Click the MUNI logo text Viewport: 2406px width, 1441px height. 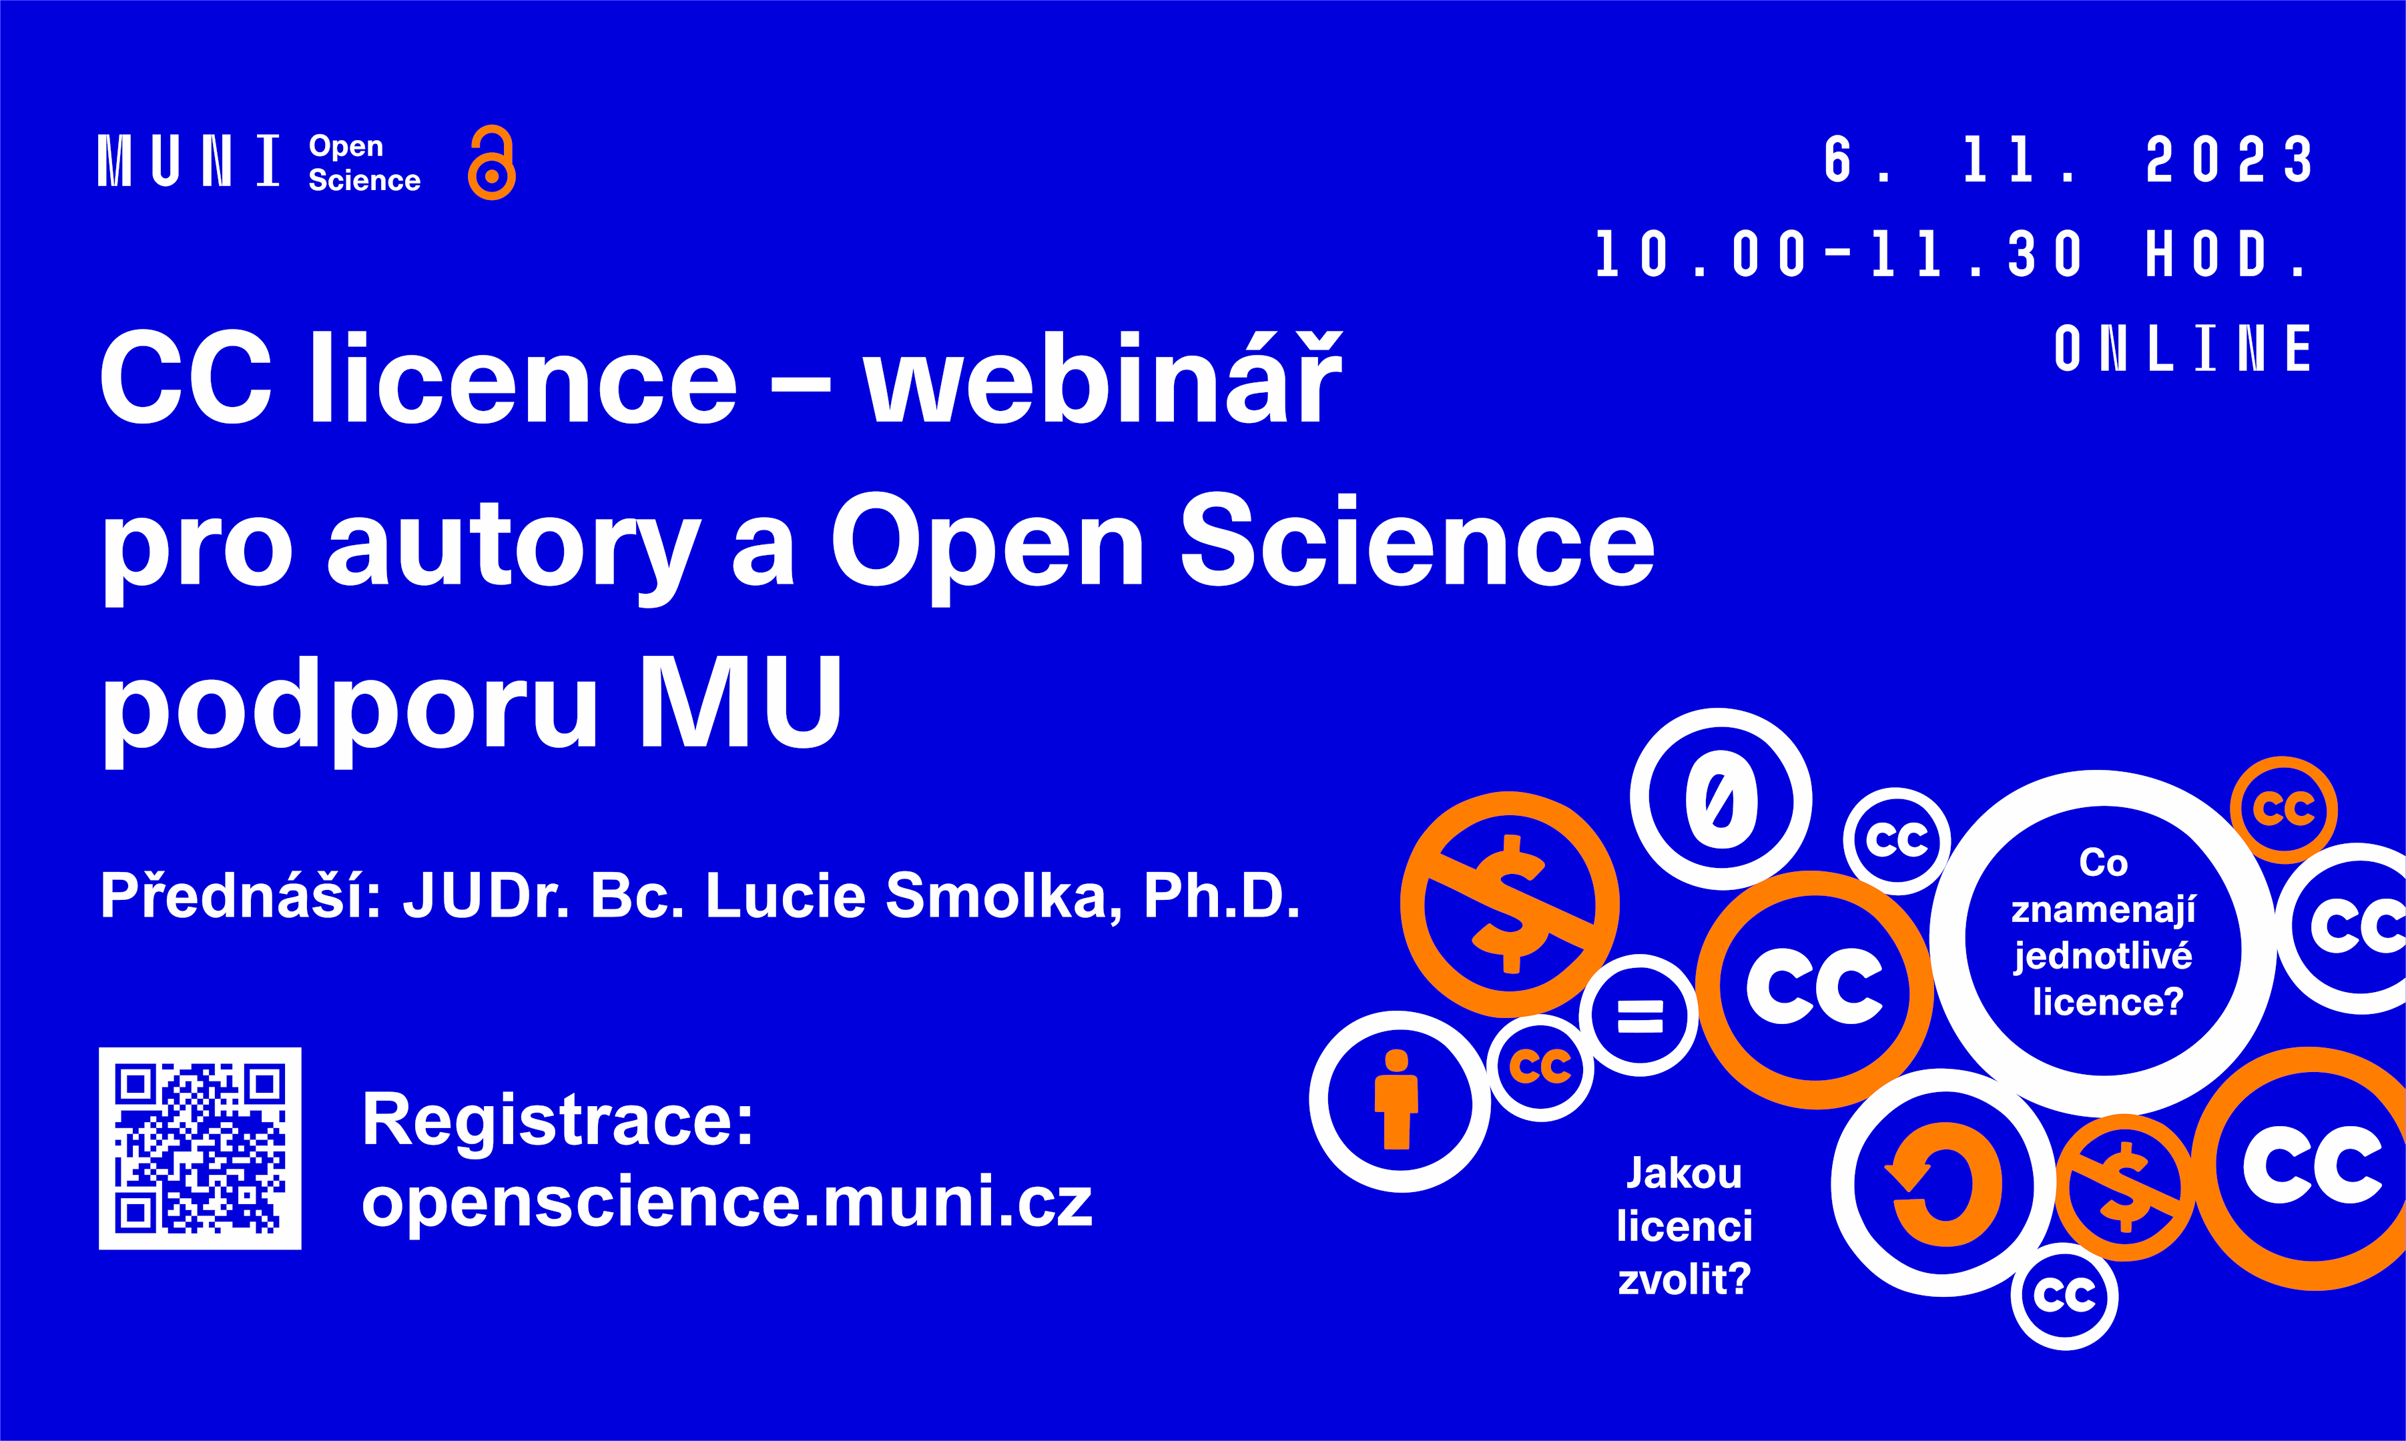[190, 161]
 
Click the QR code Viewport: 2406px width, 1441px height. [200, 1147]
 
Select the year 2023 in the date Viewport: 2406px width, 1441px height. [2228, 159]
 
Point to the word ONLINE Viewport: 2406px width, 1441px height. [2182, 349]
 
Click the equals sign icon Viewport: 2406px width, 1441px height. [1640, 1015]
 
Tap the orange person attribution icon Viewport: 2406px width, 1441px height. [1397, 1099]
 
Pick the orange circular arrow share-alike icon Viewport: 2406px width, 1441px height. [1943, 1183]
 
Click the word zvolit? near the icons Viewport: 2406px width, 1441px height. [1685, 1280]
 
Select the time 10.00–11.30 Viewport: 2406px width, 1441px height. [1839, 254]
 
